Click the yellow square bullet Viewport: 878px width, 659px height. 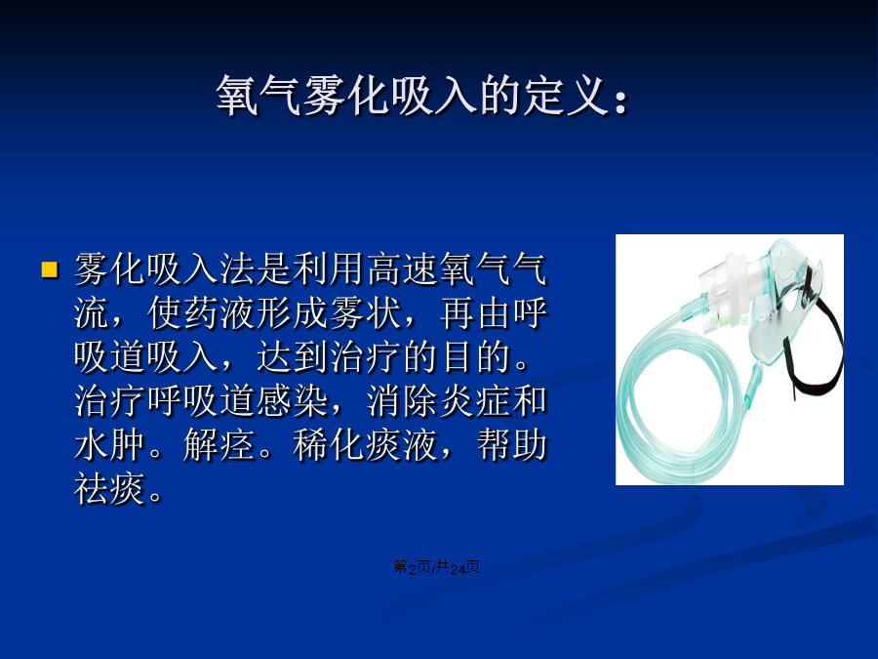click(50, 269)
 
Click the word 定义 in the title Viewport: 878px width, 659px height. click(566, 96)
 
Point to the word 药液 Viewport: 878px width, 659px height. click(220, 313)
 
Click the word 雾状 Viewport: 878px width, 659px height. click(366, 313)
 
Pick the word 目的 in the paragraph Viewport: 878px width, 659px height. click(476, 357)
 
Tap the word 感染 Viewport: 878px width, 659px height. click(293, 401)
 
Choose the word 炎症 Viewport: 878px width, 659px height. click(476, 401)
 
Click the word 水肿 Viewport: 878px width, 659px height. click(109, 445)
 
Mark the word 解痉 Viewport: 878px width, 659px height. click(219, 445)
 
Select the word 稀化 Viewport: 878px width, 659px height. click(330, 445)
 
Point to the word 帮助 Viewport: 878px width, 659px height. click(512, 445)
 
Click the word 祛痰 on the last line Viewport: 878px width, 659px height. click(109, 489)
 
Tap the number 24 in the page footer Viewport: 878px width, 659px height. click(458, 569)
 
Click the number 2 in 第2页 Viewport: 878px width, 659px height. click(412, 569)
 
